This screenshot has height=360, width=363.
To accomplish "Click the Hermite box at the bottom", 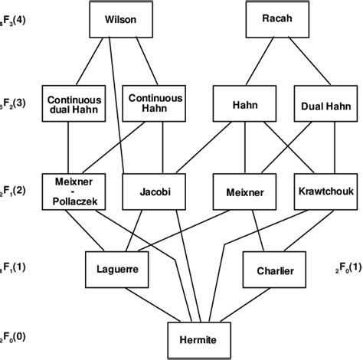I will pyautogui.click(x=198, y=338).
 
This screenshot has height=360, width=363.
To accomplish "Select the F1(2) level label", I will pyautogui.click(x=15, y=190).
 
